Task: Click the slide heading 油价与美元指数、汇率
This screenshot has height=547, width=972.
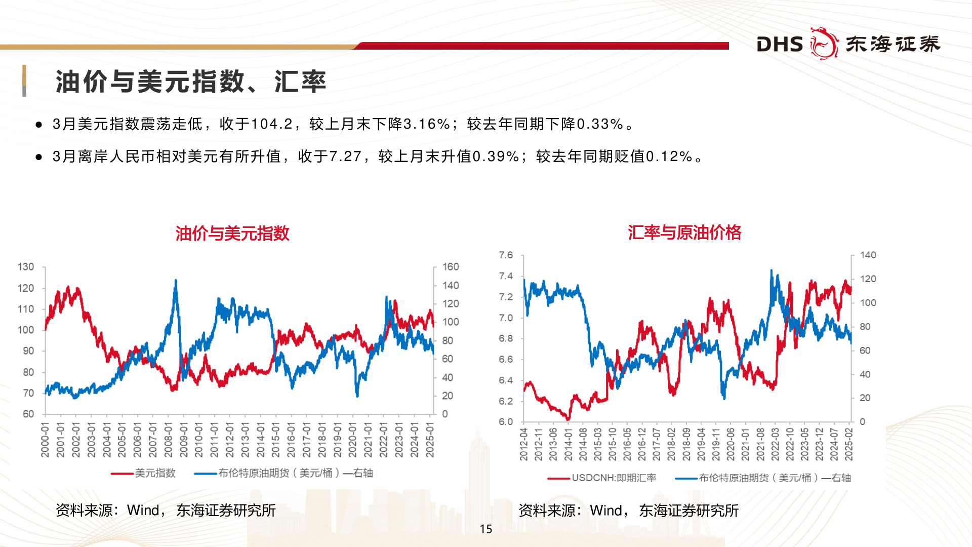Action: (190, 82)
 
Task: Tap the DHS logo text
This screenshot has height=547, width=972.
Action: (780, 45)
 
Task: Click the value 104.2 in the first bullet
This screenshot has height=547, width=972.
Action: (272, 124)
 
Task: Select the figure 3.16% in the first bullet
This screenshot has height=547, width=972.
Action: (427, 124)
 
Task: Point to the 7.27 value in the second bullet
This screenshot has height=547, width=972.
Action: (345, 157)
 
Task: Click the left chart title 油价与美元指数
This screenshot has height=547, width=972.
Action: (232, 233)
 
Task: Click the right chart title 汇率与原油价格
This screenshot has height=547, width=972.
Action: (684, 232)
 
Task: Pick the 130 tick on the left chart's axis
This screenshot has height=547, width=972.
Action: (26, 267)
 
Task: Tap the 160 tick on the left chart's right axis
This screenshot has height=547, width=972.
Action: (451, 267)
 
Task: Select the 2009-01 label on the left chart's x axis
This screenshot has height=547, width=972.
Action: (184, 440)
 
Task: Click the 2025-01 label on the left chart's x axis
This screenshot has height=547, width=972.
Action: (430, 440)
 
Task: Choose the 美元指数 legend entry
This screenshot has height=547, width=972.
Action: (155, 473)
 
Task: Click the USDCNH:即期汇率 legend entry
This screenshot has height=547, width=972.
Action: (614, 478)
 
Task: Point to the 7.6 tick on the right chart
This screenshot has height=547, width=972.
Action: (506, 255)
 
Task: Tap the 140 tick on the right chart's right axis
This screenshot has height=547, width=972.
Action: (868, 255)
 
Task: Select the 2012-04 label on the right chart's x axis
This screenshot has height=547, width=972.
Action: (524, 444)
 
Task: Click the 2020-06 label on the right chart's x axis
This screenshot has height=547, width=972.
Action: (731, 444)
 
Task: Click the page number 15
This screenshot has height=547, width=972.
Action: (486, 529)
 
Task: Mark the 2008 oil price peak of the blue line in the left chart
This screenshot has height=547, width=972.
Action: (176, 280)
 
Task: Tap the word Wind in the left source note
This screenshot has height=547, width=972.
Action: (143, 510)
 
